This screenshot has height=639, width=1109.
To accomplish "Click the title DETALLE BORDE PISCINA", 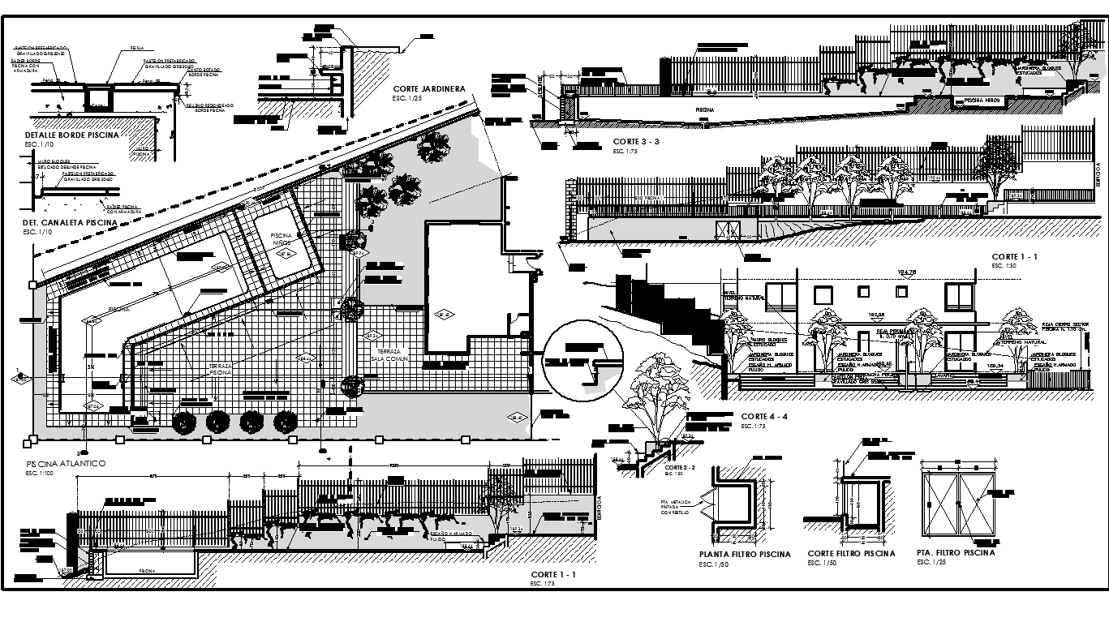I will [x=72, y=135].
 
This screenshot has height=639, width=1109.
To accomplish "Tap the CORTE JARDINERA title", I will [x=427, y=89].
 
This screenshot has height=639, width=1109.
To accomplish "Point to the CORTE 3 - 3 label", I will [x=636, y=142].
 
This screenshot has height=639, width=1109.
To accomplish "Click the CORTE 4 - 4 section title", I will [x=764, y=416].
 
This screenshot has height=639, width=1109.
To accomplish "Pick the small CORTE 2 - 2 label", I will [x=681, y=468].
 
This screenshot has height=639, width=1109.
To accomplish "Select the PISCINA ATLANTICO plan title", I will [x=66, y=463].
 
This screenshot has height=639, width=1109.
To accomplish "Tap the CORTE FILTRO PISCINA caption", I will [x=851, y=554].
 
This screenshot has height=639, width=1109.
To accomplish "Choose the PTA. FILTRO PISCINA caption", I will [x=956, y=553].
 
